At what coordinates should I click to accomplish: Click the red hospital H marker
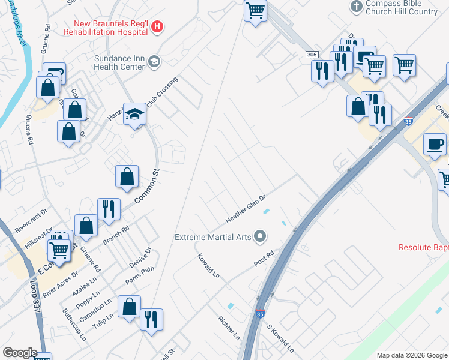[157, 26]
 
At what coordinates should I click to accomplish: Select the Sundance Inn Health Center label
[119, 62]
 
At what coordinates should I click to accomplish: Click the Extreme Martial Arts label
[212, 237]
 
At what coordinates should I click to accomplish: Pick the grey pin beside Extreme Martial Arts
[260, 236]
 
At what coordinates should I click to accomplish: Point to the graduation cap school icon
[135, 114]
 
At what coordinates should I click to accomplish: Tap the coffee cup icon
[435, 145]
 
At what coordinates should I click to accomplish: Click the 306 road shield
[311, 55]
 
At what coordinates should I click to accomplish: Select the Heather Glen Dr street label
[245, 207]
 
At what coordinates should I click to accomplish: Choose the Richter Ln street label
[229, 328]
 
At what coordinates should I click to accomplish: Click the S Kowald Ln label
[280, 339]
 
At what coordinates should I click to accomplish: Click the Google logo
[20, 353]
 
